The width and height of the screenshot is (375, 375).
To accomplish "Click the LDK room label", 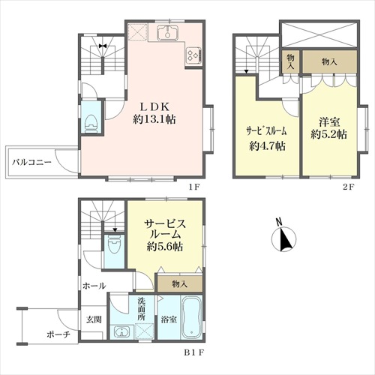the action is point(154,114).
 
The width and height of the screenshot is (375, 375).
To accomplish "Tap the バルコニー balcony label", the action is point(31,162).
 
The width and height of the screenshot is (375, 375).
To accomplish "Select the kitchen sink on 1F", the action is point(168,32).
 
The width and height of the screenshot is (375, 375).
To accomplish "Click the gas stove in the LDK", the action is point(193,55).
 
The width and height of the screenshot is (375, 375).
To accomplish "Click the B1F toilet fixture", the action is point(113,245).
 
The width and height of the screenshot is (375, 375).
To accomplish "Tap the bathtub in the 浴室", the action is point(191,317).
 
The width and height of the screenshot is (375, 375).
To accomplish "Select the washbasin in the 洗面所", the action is point(121,332).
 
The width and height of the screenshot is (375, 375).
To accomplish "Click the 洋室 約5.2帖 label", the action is point(328,128).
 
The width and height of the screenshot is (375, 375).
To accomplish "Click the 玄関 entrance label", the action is point(94,319).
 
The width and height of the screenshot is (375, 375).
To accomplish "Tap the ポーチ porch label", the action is point(58,334).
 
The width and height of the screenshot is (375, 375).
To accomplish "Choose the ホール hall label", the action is point(94,286).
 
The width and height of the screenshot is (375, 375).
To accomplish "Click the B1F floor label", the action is point(194,352).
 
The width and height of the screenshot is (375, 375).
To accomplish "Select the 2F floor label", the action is point(349,187).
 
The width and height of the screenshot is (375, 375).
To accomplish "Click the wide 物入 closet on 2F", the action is point(329,61).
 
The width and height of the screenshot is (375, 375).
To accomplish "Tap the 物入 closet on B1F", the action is point(179,284).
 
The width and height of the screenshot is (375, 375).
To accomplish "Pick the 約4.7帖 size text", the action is point(267,146).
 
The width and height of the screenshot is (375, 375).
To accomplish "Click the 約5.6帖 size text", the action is point(165,247).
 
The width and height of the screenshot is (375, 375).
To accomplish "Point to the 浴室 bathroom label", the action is point(169,319).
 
